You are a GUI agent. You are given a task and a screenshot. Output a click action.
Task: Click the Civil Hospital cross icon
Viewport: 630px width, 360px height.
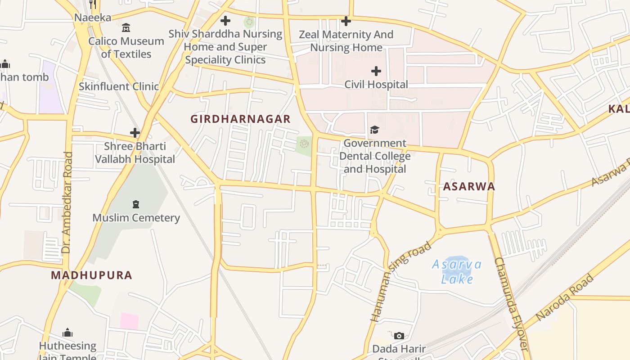(376, 71)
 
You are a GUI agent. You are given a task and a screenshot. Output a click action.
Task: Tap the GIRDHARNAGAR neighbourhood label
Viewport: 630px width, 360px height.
(240, 119)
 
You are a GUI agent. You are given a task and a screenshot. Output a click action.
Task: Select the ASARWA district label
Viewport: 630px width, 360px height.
(469, 187)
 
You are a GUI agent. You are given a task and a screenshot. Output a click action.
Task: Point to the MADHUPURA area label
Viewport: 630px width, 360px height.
(91, 275)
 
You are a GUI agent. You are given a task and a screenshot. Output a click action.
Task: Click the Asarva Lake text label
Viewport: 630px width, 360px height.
(457, 272)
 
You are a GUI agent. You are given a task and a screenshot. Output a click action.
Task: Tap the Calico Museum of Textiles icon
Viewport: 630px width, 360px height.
(126, 28)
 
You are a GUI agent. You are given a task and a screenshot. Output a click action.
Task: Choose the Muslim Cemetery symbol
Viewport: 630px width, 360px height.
(136, 204)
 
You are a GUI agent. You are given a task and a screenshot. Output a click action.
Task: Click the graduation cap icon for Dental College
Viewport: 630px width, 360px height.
(374, 130)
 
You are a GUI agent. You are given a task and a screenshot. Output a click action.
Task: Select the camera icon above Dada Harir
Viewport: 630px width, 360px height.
(399, 336)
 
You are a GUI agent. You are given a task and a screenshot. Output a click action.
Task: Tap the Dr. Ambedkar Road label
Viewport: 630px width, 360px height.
(67, 202)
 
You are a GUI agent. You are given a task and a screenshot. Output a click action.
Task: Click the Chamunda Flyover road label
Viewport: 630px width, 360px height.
(511, 304)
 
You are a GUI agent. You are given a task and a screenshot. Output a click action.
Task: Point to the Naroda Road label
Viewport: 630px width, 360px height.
(565, 297)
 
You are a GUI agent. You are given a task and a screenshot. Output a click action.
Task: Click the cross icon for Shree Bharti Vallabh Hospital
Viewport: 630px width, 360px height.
(135, 133)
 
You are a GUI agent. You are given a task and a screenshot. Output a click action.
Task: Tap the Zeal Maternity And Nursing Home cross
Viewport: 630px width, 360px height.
(346, 21)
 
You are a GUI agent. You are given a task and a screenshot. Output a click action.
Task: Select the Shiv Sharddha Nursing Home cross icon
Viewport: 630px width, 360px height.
(225, 21)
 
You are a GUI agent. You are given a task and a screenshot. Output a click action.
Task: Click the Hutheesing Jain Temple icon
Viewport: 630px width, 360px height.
(67, 333)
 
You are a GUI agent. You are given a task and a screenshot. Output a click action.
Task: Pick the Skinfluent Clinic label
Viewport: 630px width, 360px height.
(119, 86)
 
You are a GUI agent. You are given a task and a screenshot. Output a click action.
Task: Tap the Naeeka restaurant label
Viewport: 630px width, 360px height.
(93, 18)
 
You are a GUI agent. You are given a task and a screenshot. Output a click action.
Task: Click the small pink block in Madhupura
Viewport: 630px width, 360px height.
(129, 321)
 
